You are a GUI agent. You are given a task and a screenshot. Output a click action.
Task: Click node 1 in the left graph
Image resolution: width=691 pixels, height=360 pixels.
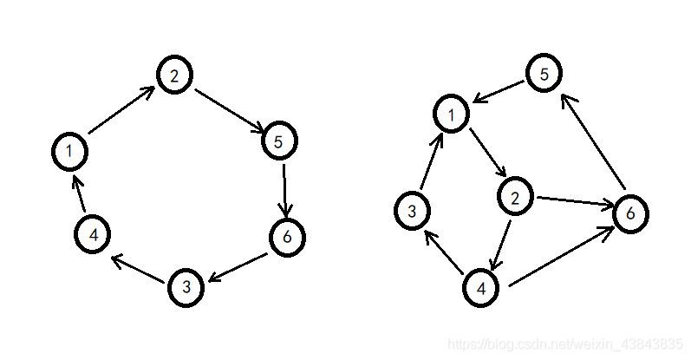tap(69, 152)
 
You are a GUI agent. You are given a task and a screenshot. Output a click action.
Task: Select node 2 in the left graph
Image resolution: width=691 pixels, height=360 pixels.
tap(174, 75)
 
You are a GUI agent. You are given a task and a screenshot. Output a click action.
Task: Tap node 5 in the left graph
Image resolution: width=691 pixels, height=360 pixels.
tap(279, 141)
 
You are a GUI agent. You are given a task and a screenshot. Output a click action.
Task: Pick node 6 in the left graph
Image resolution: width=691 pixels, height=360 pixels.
tap(287, 237)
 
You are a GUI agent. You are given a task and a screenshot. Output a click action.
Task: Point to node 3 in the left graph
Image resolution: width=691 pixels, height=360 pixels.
tap(186, 287)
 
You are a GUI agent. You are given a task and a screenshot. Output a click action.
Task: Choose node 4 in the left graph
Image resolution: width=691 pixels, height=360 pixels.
tap(92, 234)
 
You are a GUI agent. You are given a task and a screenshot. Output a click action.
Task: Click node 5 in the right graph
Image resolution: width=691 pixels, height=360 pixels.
tap(544, 74)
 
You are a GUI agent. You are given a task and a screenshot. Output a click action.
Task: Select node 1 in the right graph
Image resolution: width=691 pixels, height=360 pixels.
tap(452, 114)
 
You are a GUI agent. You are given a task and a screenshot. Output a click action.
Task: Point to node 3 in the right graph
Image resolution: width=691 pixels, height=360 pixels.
tap(413, 211)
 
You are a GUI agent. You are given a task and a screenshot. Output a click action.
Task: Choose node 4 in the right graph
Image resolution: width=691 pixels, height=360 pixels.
tap(481, 288)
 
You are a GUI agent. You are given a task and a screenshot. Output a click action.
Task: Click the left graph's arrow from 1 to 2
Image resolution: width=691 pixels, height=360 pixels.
tap(121, 110)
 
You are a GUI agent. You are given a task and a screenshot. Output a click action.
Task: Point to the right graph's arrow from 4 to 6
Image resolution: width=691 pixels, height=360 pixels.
tap(559, 258)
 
